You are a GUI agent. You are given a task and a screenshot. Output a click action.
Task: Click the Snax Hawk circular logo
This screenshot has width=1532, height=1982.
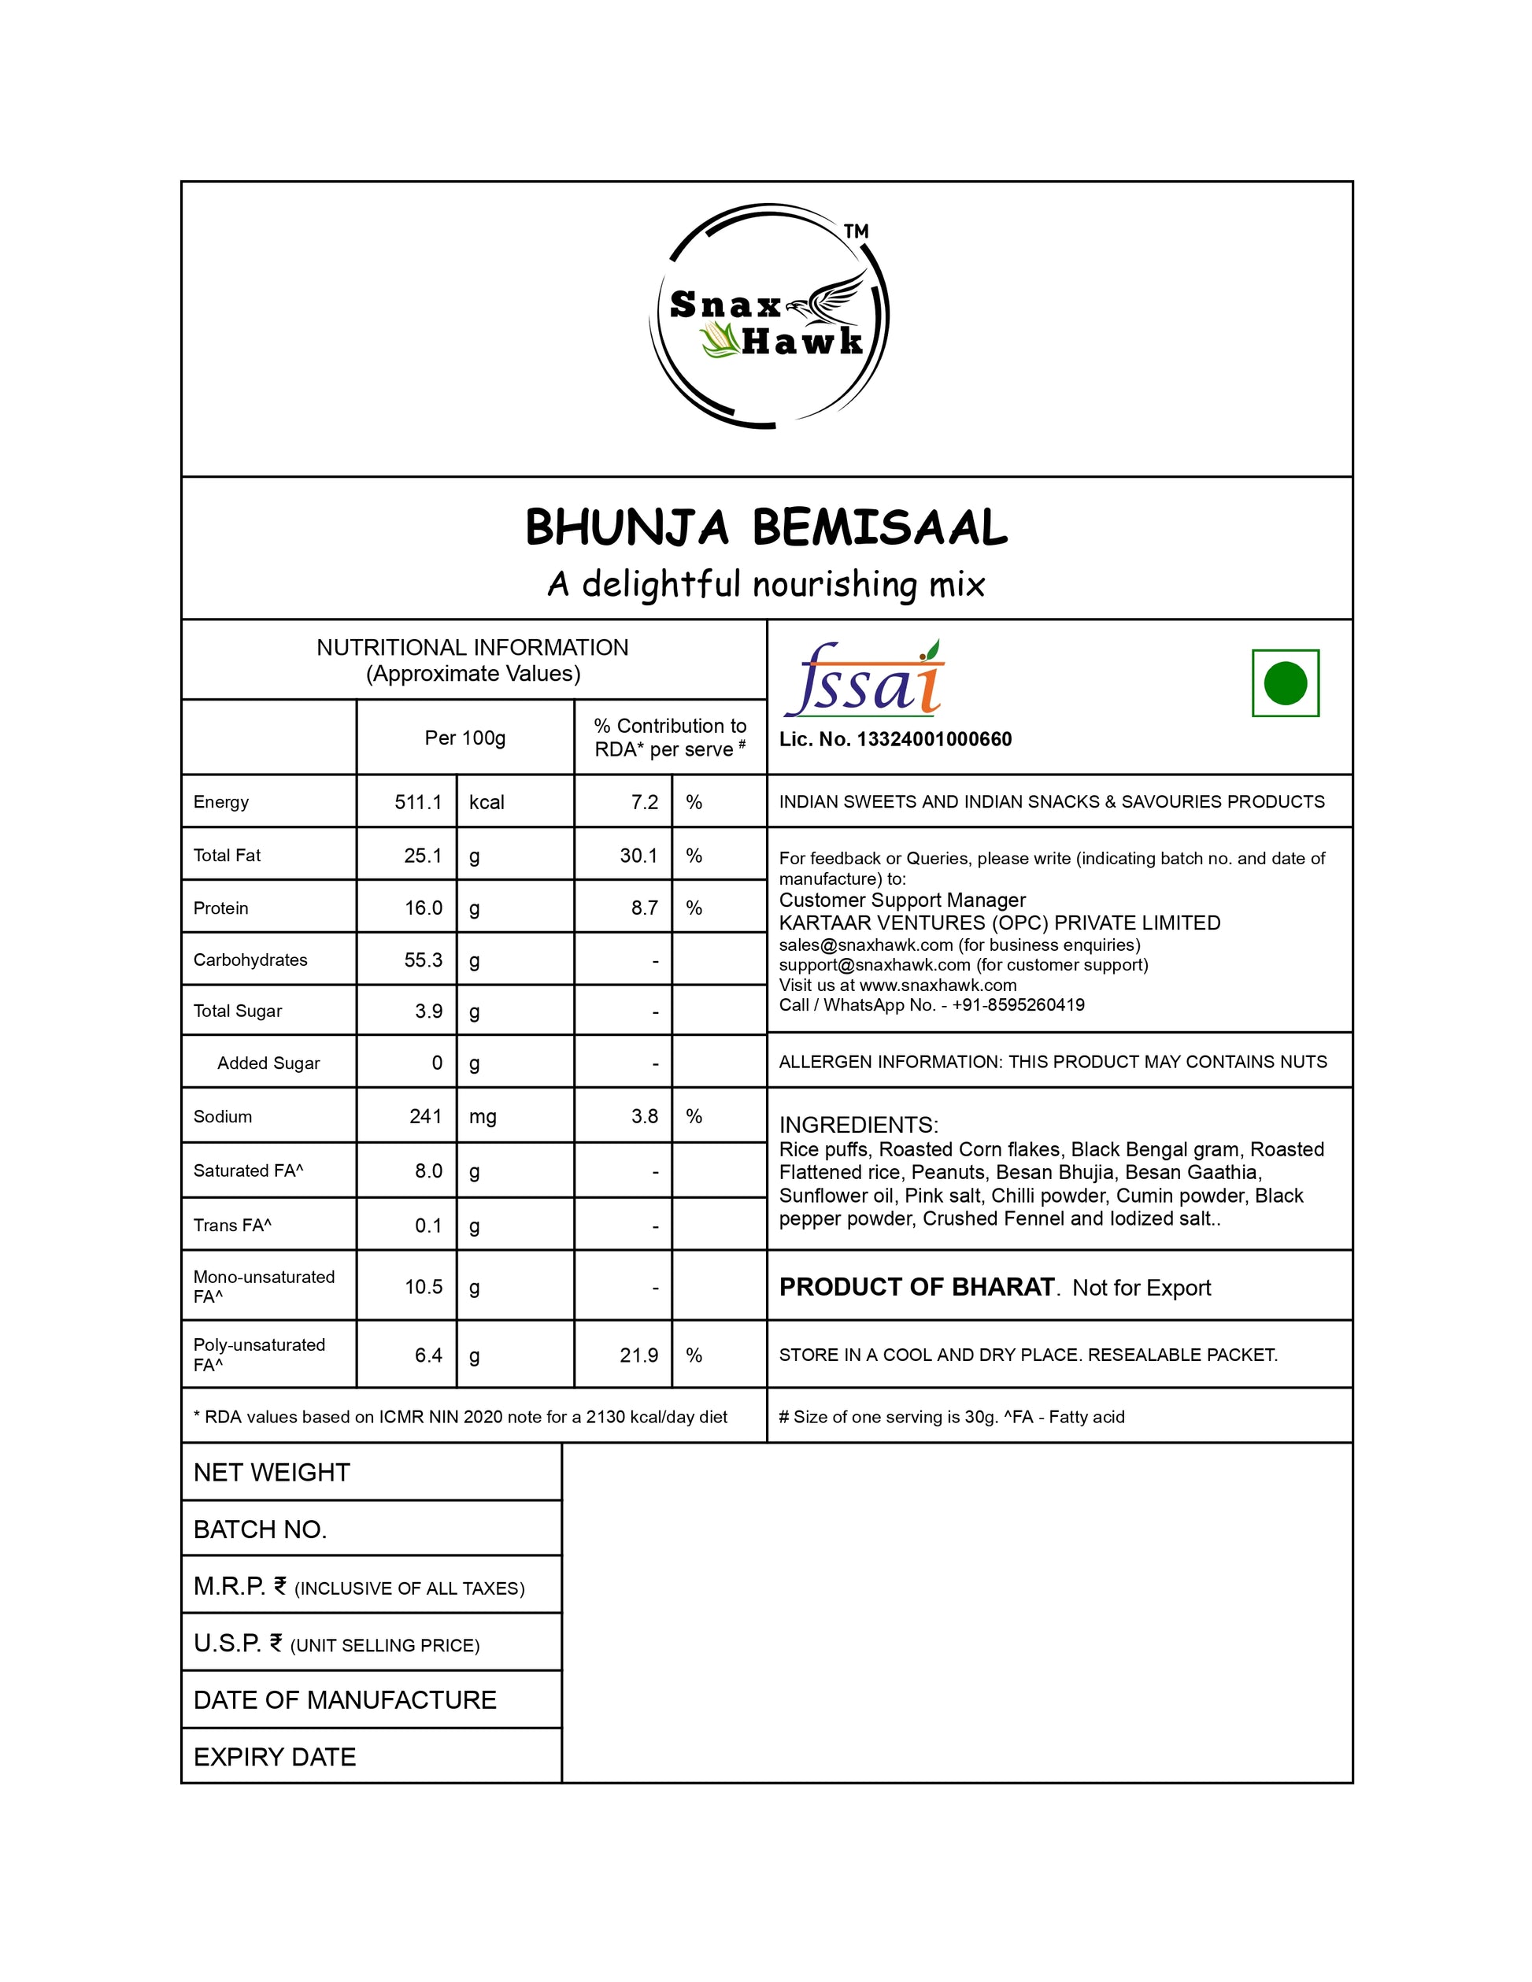(768, 316)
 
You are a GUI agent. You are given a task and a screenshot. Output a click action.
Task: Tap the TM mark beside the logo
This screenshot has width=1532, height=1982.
(856, 231)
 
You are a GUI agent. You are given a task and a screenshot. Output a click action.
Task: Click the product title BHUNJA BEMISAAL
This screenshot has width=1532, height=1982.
(766, 527)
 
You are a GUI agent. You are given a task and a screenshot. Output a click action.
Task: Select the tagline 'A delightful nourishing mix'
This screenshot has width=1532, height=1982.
(766, 584)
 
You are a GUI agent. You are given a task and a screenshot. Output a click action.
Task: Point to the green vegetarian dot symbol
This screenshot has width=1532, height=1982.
(1284, 683)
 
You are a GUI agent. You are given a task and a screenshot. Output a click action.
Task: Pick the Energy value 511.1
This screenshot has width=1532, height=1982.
(417, 802)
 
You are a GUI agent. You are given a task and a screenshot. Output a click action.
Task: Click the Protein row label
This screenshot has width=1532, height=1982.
(220, 908)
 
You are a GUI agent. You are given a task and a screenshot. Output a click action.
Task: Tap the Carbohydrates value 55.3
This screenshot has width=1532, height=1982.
(423, 960)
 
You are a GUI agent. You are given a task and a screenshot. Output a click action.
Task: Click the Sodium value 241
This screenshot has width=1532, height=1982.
(425, 1116)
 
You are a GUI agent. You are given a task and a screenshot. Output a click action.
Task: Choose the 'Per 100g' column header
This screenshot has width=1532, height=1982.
(464, 738)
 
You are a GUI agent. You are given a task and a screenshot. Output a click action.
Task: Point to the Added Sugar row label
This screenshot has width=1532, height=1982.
(268, 1063)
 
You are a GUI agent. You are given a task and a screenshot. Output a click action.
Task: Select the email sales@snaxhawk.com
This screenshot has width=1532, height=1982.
(865, 945)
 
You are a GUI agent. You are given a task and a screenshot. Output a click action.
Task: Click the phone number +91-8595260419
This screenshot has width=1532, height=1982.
(1017, 1004)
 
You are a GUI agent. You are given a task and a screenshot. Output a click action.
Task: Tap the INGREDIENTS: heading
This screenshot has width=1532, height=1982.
(857, 1126)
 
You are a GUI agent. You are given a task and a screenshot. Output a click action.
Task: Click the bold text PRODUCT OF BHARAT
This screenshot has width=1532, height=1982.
(916, 1288)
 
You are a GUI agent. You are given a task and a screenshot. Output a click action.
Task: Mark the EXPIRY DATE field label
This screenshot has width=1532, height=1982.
(274, 1757)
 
